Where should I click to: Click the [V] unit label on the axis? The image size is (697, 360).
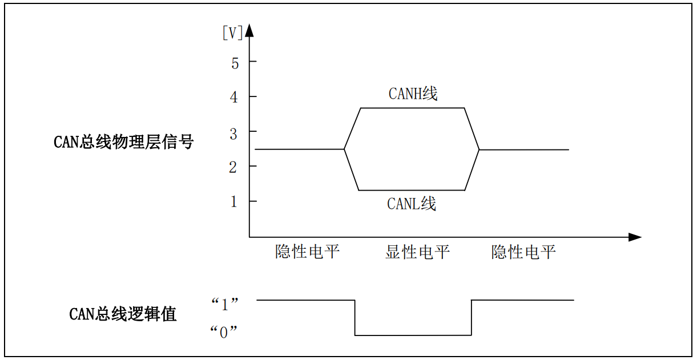click(232, 33)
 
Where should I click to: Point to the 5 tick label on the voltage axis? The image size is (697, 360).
click(235, 63)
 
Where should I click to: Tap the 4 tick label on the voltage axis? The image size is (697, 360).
click(234, 98)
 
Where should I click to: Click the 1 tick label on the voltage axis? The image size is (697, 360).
click(234, 202)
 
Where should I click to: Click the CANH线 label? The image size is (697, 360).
click(413, 94)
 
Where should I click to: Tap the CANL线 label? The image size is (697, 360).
click(412, 204)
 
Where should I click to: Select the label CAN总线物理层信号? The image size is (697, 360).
click(124, 141)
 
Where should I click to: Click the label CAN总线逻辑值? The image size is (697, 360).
click(123, 314)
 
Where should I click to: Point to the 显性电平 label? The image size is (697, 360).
click(417, 252)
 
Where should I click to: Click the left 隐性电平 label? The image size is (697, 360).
click(308, 252)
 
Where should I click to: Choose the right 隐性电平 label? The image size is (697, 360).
click(523, 252)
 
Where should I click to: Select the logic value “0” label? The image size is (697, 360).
click(224, 332)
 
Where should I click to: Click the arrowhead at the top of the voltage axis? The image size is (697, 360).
click(249, 31)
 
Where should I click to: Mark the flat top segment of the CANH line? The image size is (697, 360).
click(412, 108)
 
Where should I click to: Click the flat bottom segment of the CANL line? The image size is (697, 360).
click(412, 190)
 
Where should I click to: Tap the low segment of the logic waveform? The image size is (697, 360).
click(413, 335)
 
